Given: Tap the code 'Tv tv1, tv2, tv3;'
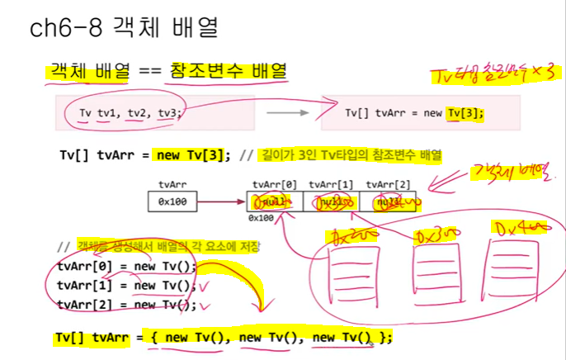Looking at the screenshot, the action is click(x=130, y=113).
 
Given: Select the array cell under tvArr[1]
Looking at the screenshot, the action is click(x=330, y=201).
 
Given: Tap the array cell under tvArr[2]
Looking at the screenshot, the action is click(x=386, y=201).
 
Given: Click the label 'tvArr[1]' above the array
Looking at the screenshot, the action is click(x=330, y=184).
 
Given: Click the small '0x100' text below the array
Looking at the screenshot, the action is click(x=261, y=218).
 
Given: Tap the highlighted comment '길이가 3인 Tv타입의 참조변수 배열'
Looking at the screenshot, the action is click(x=351, y=154).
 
